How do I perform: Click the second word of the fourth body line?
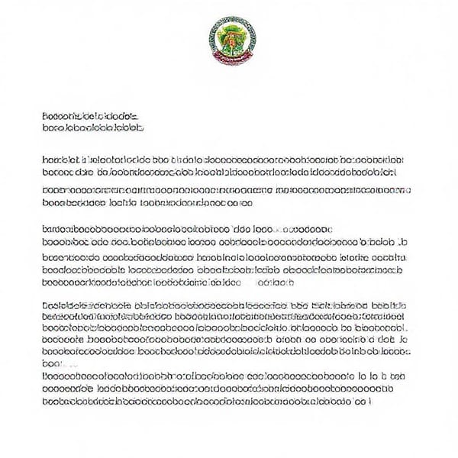(x=119, y=204)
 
